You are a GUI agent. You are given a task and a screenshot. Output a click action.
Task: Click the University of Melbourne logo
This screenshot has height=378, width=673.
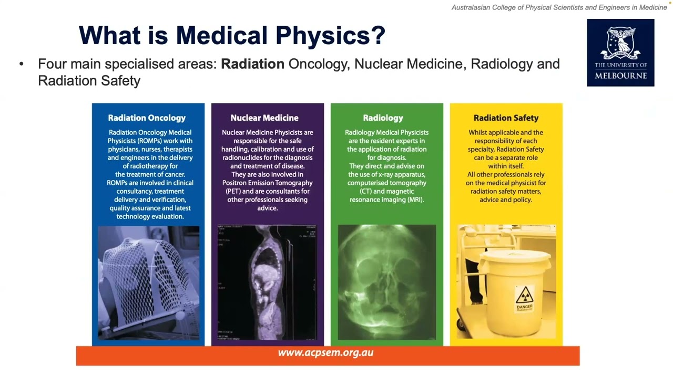(x=620, y=52)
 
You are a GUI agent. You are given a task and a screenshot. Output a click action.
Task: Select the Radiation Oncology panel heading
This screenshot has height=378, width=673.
(x=147, y=118)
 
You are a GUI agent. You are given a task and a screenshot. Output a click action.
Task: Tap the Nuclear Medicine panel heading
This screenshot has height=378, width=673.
(x=264, y=118)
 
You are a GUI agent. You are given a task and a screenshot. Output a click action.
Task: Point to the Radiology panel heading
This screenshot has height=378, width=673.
(x=386, y=118)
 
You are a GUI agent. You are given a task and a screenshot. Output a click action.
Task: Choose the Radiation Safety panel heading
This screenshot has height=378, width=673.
(x=506, y=118)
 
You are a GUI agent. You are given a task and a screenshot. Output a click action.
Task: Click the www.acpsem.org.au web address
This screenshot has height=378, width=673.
(x=325, y=353)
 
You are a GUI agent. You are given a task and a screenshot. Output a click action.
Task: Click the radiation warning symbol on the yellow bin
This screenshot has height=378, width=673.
(x=524, y=295)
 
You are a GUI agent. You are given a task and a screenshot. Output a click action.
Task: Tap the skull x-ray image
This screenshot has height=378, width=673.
(x=386, y=282)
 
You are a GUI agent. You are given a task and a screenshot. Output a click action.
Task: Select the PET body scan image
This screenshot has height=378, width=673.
(x=267, y=282)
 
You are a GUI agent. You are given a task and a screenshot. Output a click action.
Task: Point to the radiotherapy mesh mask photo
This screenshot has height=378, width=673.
(x=148, y=282)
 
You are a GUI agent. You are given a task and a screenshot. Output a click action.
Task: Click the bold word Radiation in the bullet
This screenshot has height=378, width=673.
(x=252, y=64)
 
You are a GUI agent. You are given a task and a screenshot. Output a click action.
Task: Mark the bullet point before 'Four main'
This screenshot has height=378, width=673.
(x=22, y=64)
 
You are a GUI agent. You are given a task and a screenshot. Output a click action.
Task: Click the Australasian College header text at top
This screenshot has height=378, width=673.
(x=559, y=7)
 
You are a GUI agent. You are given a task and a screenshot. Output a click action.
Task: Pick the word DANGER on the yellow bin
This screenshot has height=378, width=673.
(x=524, y=307)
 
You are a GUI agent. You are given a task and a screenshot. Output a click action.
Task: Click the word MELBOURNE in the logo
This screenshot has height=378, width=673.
(x=620, y=76)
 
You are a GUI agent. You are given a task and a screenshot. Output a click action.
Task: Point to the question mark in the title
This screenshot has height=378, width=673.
(x=378, y=36)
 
